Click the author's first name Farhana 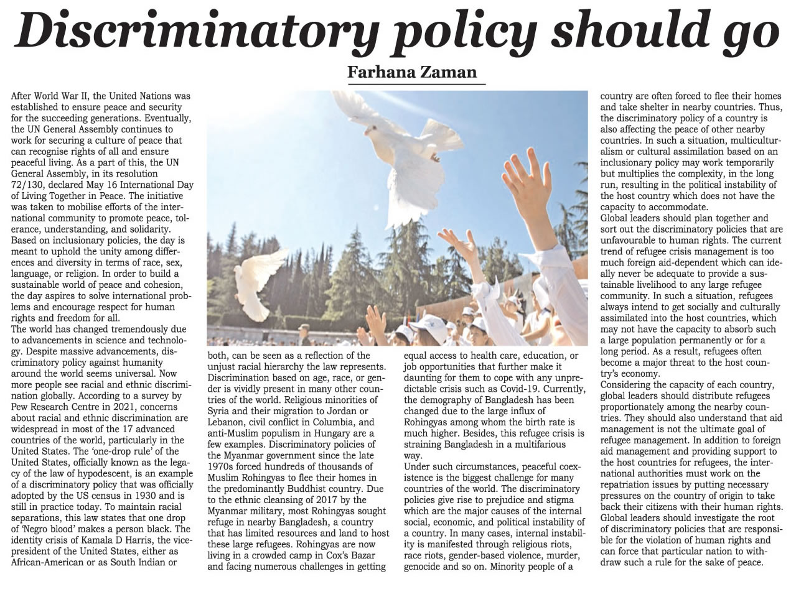(x=382, y=72)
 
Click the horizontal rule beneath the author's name (x=416, y=83)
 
